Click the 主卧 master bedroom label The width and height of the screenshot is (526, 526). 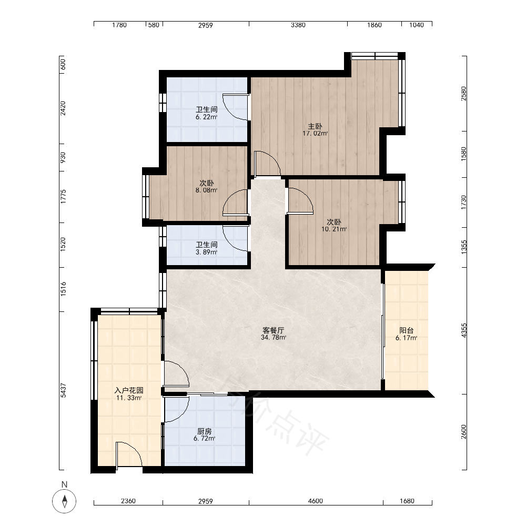(x=315, y=126)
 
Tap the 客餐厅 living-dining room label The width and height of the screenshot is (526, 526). (x=274, y=330)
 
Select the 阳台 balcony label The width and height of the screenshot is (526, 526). (x=406, y=330)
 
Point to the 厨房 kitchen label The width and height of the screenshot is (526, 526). (x=204, y=431)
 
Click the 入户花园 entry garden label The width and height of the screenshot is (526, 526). (x=129, y=390)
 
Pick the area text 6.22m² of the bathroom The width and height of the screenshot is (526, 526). (x=206, y=117)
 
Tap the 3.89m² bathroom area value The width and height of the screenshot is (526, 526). (x=206, y=252)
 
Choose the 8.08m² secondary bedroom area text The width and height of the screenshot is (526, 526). (x=206, y=190)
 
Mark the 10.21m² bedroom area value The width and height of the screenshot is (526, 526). (x=334, y=229)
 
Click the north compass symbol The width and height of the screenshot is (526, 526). (x=64, y=501)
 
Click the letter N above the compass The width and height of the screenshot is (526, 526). (x=64, y=484)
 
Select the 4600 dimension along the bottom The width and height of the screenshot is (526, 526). (x=315, y=501)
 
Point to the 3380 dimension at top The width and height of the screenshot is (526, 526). (x=298, y=25)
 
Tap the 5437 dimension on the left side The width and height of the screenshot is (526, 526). (x=63, y=390)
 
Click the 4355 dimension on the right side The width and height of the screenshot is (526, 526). (x=463, y=330)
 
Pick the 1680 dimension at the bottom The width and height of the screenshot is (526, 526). (x=407, y=501)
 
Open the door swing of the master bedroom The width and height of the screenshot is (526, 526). (x=267, y=164)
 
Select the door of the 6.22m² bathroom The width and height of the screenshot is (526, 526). (x=236, y=107)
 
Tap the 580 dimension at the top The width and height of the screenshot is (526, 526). (x=154, y=25)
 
